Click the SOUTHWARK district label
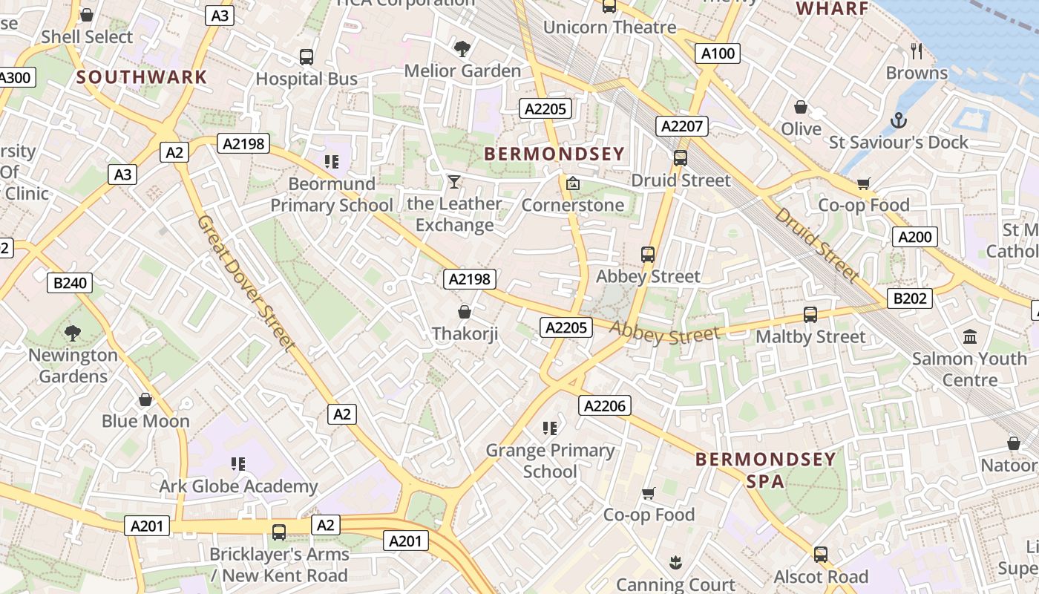141,76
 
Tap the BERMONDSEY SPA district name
765,470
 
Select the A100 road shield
718,53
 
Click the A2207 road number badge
681,126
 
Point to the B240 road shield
71,282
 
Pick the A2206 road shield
606,405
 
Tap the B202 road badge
910,298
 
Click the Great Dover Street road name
246,283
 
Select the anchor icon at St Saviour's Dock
898,120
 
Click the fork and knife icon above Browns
917,50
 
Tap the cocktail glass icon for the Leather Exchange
454,181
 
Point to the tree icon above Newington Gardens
73,333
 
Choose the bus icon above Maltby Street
810,315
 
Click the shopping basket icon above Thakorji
465,312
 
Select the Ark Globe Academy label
238,486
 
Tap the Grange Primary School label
550,460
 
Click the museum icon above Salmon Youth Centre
970,336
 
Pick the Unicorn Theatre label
609,27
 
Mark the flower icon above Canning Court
675,563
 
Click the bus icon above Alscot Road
820,555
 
